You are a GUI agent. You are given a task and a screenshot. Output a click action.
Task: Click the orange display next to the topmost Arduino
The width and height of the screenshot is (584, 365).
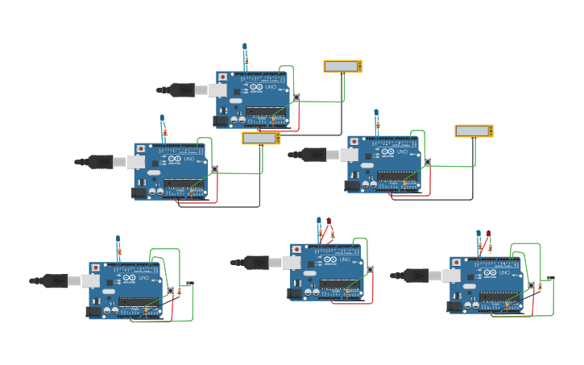[342, 67]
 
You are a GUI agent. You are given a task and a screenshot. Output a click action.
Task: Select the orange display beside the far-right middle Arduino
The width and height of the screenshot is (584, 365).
[474, 131]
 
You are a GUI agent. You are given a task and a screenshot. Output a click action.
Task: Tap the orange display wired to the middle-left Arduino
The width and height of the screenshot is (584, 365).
[261, 138]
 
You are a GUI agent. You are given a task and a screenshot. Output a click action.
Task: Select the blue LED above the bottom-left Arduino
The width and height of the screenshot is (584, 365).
[118, 238]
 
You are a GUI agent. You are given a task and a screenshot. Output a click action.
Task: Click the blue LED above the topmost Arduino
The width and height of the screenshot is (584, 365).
[244, 47]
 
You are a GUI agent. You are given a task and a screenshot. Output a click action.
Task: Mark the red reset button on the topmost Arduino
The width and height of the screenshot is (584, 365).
[223, 77]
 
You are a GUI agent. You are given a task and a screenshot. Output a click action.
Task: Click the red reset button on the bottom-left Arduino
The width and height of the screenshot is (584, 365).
[96, 268]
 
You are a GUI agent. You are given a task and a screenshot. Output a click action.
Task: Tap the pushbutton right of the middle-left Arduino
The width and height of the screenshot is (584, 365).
[214, 168]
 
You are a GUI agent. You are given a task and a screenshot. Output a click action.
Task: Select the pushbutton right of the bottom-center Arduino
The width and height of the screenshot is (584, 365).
[370, 269]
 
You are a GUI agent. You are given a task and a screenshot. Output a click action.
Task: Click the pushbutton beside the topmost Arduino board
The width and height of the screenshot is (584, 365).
[296, 97]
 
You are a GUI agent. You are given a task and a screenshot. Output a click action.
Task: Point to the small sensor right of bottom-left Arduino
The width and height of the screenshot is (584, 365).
[190, 284]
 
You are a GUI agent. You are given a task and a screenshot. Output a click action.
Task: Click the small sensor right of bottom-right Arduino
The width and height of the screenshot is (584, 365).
[551, 279]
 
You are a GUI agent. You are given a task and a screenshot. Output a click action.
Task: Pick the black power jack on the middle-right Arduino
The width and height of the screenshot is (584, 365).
[353, 186]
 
